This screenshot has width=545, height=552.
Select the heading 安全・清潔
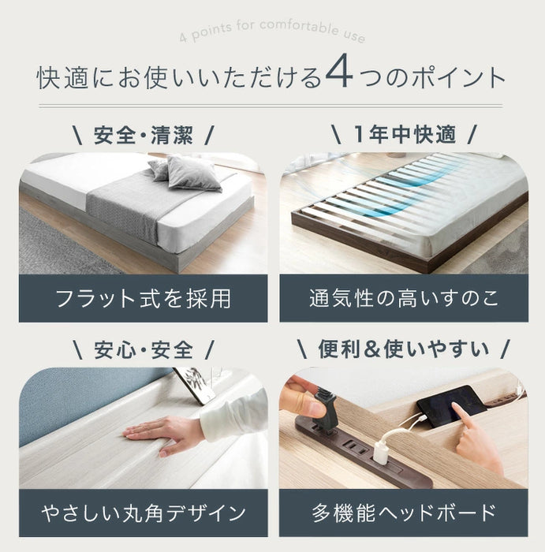coord(143,135)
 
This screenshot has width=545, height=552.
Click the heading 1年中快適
coord(404,135)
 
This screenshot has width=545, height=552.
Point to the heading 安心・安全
coord(143,349)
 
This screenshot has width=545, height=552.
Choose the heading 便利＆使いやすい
coord(404,349)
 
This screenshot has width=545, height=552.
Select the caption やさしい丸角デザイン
coord(143,513)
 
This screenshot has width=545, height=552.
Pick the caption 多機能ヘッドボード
coord(404,513)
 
